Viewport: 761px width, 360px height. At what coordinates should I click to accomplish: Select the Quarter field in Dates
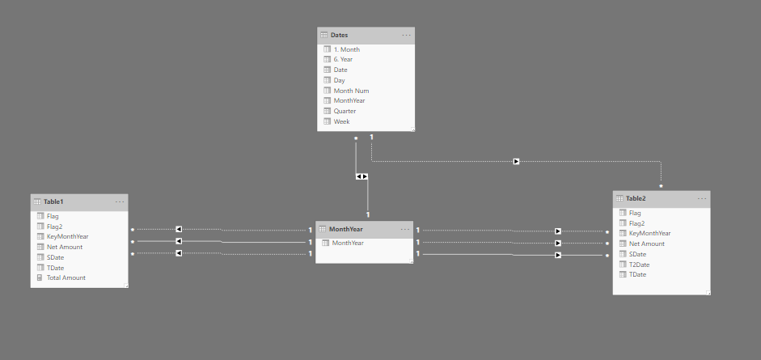pyautogui.click(x=345, y=111)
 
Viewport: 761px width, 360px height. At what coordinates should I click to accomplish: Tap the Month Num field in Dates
pyautogui.click(x=351, y=91)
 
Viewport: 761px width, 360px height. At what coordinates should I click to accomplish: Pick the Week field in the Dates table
pyautogui.click(x=341, y=121)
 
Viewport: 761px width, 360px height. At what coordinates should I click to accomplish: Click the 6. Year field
pyautogui.click(x=343, y=59)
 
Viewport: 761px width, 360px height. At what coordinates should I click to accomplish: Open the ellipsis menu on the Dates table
pyautogui.click(x=406, y=35)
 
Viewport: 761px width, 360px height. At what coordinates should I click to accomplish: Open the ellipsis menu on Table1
pyautogui.click(x=120, y=201)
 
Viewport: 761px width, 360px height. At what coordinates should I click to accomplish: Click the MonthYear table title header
pyautogui.click(x=345, y=229)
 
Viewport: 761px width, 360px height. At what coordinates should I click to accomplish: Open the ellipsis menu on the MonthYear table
pyautogui.click(x=404, y=229)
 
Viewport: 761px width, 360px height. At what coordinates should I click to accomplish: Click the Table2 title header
pyautogui.click(x=636, y=198)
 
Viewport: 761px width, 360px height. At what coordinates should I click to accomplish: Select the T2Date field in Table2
pyautogui.click(x=639, y=265)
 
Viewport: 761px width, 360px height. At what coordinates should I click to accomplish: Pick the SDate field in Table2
pyautogui.click(x=637, y=254)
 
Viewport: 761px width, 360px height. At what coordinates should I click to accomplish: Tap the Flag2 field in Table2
pyautogui.click(x=636, y=222)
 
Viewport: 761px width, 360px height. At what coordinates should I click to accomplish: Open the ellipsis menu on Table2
pyautogui.click(x=701, y=198)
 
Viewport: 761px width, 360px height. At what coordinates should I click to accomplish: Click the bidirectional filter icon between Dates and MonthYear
pyautogui.click(x=361, y=176)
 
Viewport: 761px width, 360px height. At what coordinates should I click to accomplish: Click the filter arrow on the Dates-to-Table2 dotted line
pyautogui.click(x=516, y=161)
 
